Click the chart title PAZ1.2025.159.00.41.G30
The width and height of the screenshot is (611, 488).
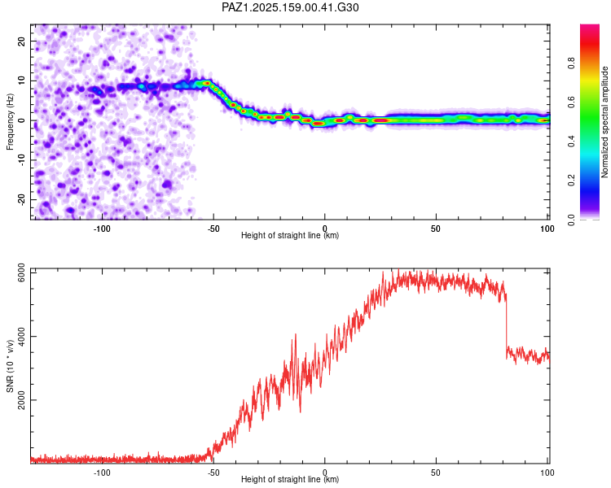coord(290,7)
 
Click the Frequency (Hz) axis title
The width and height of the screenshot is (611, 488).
coord(10,122)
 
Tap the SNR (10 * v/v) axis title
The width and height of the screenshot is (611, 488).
coord(10,366)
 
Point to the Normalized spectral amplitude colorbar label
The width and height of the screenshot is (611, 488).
coord(604,122)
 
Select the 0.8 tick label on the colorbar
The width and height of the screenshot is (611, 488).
coord(571,63)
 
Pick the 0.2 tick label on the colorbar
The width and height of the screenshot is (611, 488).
coord(571,181)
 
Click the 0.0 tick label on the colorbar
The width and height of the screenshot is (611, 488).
coord(571,220)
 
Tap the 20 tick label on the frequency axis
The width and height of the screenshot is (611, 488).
coord(21,41)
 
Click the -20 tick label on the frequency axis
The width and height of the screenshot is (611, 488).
coord(21,199)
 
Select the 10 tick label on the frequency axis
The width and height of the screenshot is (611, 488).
coord(21,81)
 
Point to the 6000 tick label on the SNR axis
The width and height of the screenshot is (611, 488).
coord(21,272)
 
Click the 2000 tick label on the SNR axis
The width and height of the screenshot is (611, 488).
coord(21,400)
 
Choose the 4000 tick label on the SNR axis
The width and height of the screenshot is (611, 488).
coord(21,336)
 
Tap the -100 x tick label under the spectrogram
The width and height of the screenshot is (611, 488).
coord(102,229)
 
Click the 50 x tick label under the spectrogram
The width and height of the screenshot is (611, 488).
coord(436,229)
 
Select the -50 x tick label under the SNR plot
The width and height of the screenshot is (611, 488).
coord(213,473)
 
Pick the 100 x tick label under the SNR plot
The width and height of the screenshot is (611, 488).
coord(547,473)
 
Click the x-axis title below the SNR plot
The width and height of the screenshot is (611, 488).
coord(290,479)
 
